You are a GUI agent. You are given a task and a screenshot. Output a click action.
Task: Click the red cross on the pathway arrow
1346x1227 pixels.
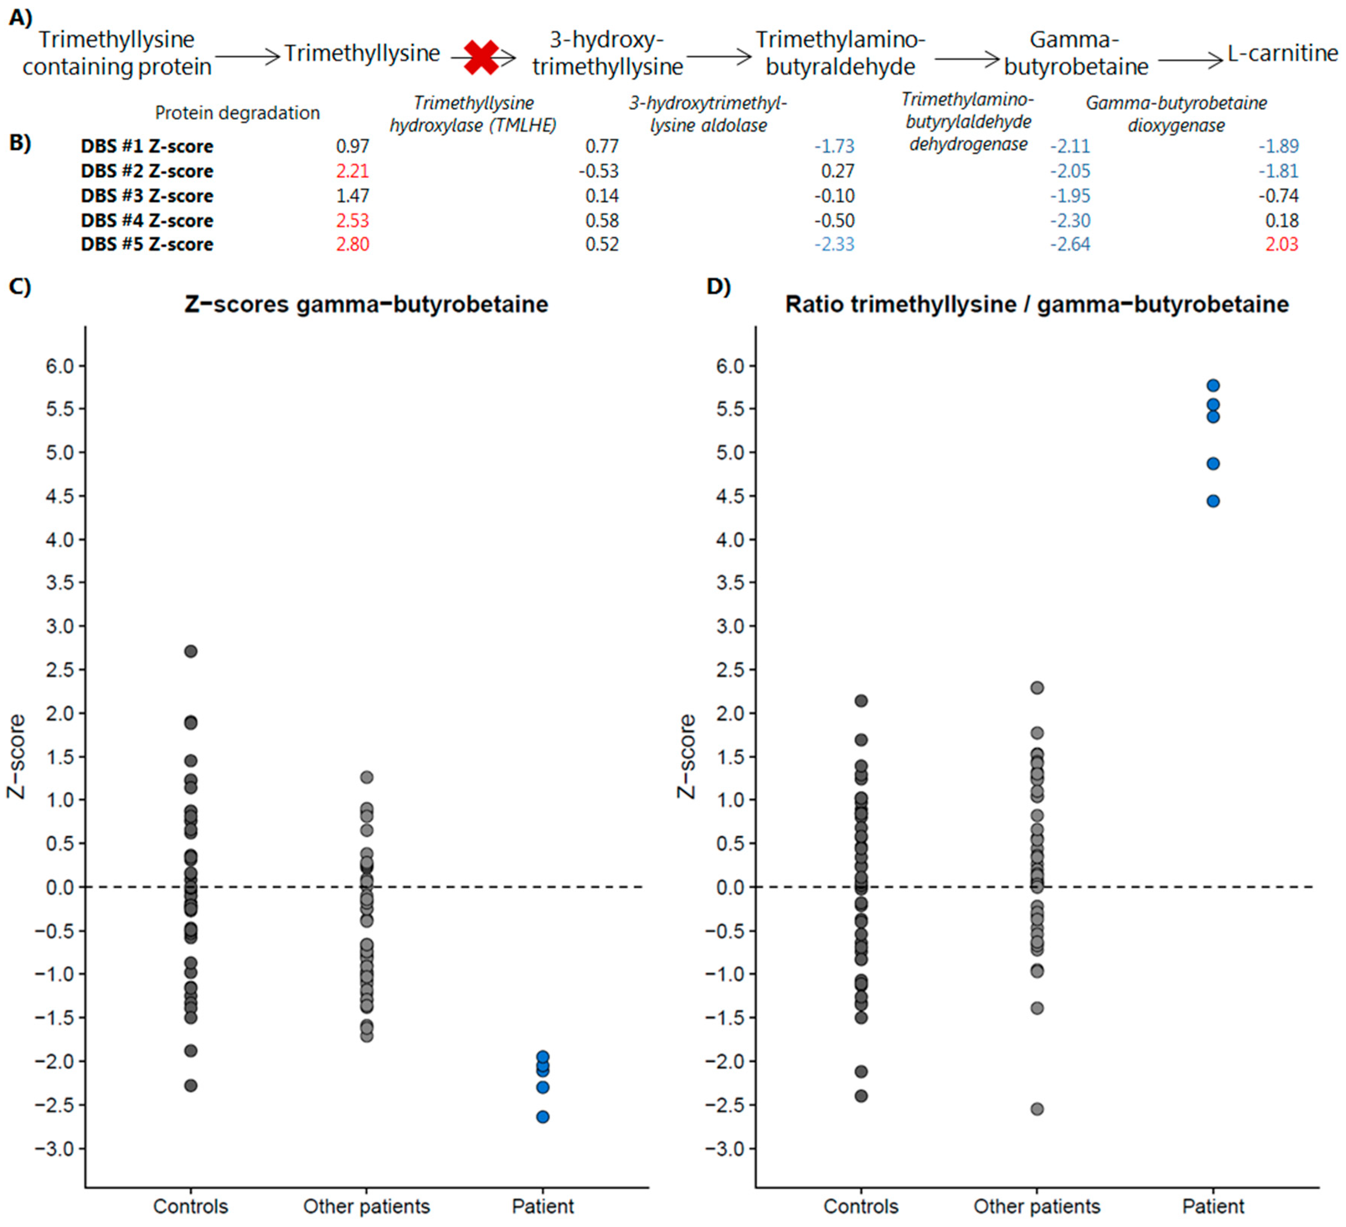(481, 57)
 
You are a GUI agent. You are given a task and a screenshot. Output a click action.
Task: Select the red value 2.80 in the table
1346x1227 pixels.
(352, 244)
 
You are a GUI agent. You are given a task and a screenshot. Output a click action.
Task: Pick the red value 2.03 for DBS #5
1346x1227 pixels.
(1281, 244)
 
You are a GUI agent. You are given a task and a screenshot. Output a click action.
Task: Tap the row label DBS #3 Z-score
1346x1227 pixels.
(147, 195)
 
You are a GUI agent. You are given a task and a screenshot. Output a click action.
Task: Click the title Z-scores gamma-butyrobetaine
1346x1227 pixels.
(366, 304)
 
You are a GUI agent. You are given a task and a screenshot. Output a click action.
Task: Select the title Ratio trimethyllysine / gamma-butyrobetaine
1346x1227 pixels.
(1036, 304)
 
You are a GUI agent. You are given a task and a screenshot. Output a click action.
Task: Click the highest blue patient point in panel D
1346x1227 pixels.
(1213, 385)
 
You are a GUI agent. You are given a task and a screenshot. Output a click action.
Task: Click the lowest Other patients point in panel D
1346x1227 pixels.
(1037, 1109)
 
